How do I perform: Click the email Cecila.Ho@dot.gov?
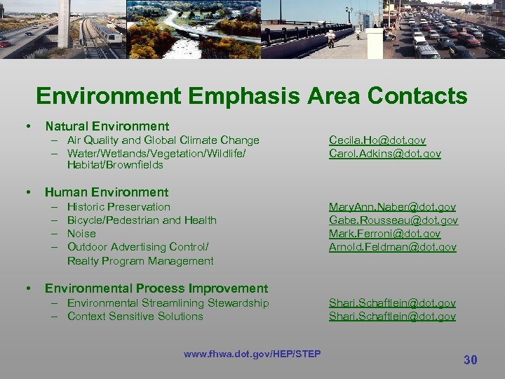377,140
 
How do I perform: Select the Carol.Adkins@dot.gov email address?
384,154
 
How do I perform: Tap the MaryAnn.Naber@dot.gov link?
392,207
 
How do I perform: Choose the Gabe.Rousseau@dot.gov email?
393,220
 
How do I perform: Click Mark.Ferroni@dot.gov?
384,234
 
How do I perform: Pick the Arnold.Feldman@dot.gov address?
392,247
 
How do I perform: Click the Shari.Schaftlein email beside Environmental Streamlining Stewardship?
392,303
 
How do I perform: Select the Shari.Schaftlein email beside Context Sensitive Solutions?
392,317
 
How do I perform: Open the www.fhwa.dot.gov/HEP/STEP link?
252,354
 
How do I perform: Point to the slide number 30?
470,360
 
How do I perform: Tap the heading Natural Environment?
107,126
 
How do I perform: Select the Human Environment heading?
107,192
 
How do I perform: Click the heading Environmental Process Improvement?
156,288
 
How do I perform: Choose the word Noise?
81,234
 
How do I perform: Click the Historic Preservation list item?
119,207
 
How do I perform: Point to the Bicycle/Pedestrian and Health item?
142,220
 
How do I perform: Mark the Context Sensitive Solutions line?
135,317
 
